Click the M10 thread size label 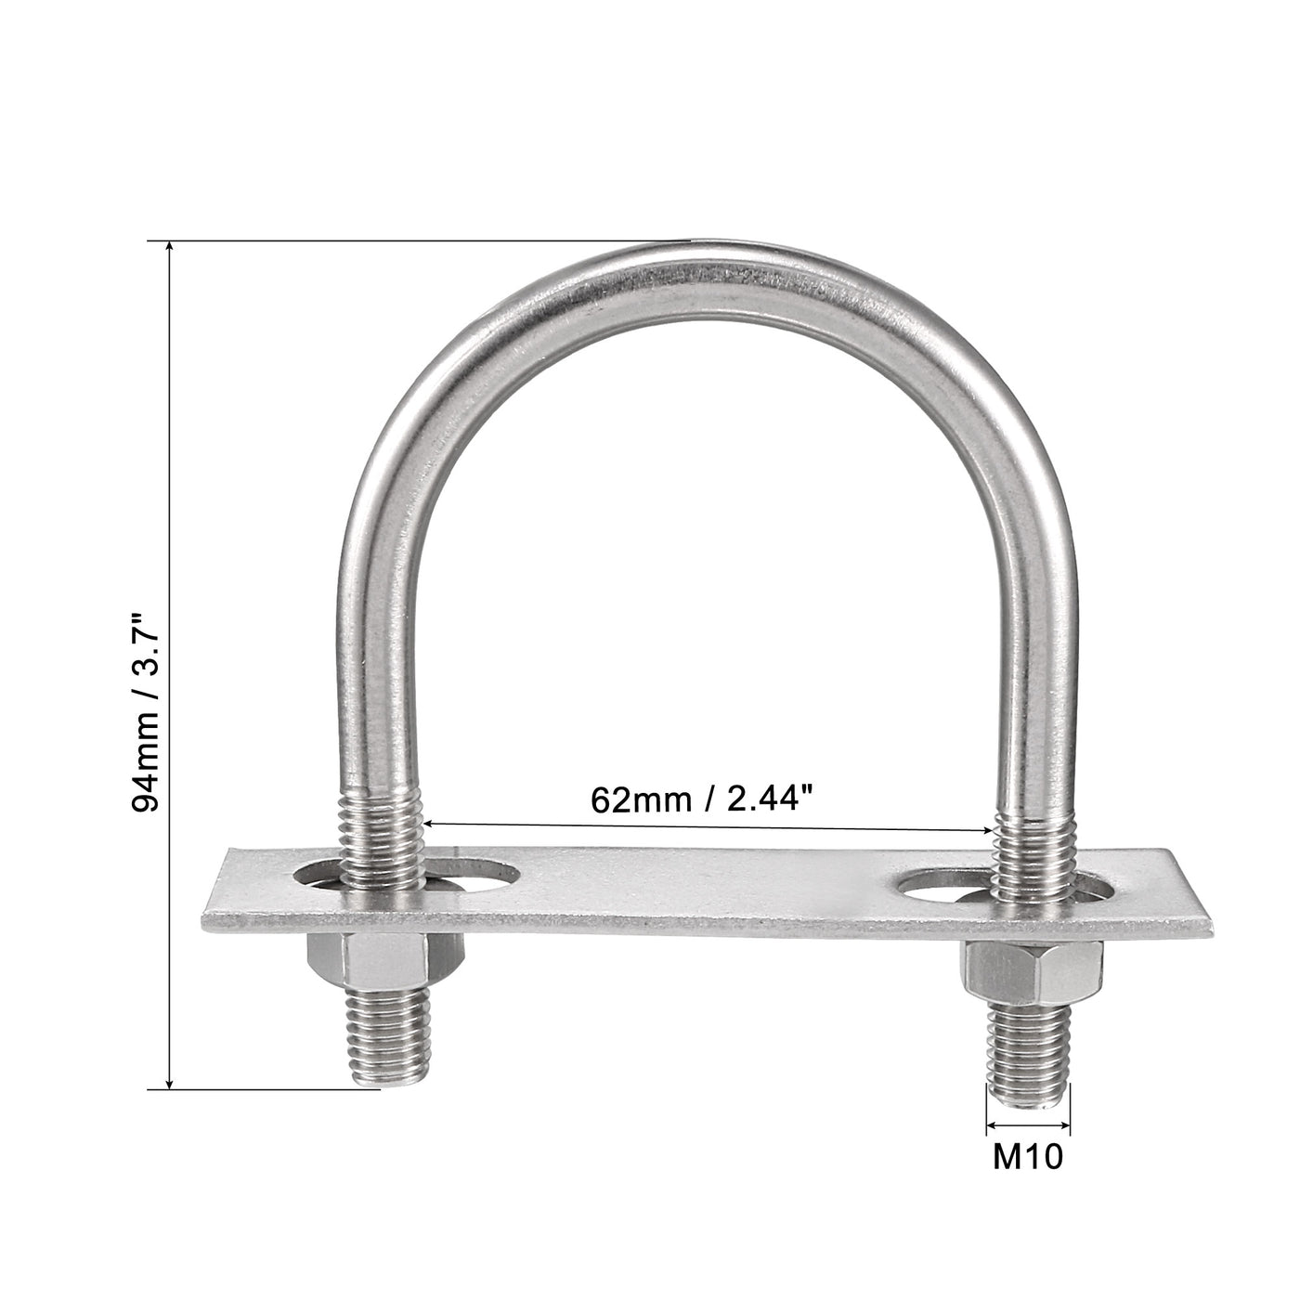point(1028,1157)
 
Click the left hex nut point(358,962)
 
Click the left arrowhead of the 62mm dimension point(431,822)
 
